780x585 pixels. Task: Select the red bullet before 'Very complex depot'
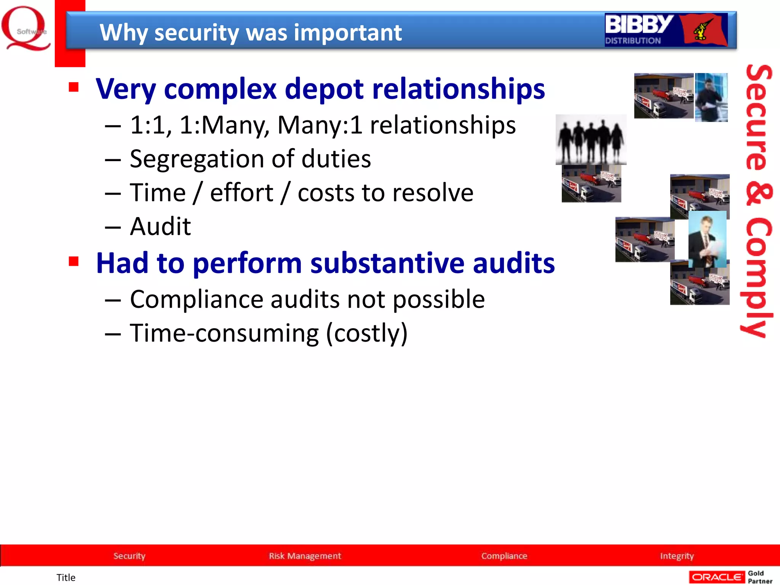point(74,87)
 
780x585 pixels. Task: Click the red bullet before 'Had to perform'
point(74,262)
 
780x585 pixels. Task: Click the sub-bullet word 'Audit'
point(160,227)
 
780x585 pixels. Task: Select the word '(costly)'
point(367,333)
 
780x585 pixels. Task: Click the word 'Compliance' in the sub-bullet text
point(196,299)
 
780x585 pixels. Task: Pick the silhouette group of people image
point(591,140)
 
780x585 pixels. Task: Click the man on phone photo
point(711,97)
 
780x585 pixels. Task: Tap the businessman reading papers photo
point(707,239)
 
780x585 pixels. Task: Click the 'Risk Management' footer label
point(305,556)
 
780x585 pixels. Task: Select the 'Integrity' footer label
point(677,556)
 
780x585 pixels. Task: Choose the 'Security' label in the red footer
point(129,556)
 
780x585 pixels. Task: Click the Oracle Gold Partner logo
point(730,577)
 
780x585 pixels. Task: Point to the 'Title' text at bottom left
point(66,578)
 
